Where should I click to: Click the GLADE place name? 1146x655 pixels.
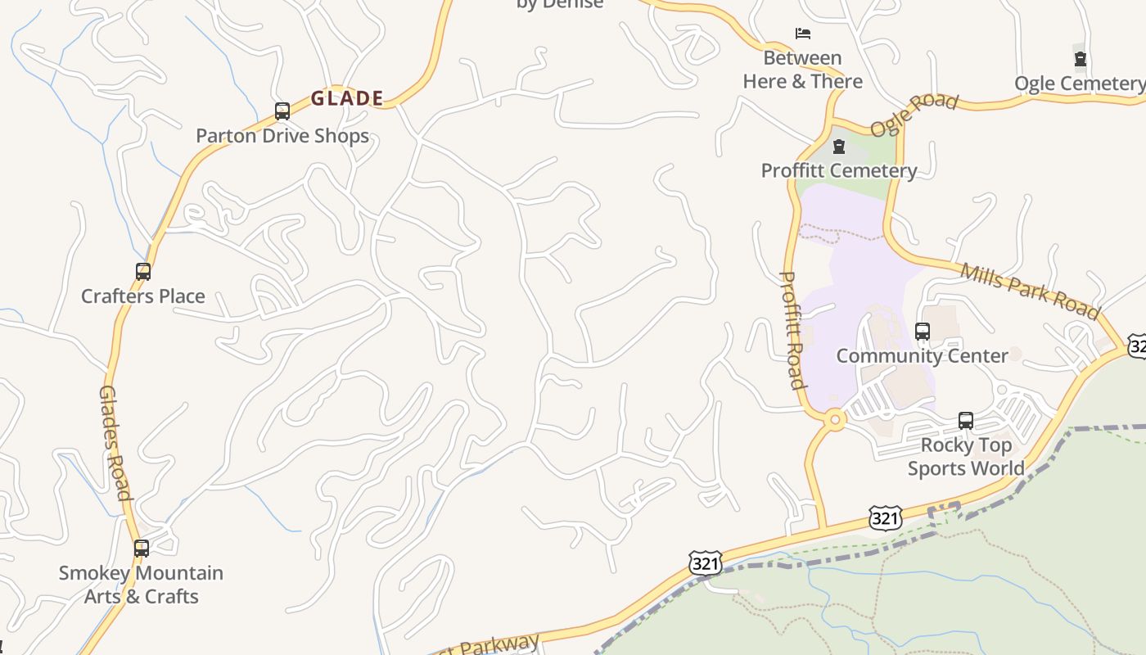click(x=347, y=99)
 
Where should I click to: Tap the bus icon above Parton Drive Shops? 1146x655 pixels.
click(x=282, y=111)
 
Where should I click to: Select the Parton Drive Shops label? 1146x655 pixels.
click(x=282, y=136)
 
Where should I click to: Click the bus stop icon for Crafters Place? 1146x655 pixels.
click(x=143, y=271)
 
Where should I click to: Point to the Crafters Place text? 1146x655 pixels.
click(x=143, y=296)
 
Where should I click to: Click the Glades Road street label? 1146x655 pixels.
click(x=115, y=442)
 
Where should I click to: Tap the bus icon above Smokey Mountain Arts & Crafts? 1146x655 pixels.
click(x=142, y=548)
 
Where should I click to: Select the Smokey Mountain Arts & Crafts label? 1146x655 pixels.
click(x=141, y=585)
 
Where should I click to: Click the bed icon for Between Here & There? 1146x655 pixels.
click(x=803, y=34)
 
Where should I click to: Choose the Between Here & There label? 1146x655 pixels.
click(x=802, y=70)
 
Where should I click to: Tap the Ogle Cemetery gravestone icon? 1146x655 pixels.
click(x=1081, y=59)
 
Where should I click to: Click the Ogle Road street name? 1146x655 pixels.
click(x=914, y=115)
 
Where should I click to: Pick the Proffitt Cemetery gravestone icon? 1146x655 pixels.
click(x=839, y=147)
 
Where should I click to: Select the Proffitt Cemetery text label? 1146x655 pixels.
click(x=839, y=170)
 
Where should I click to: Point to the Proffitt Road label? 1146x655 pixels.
click(x=792, y=329)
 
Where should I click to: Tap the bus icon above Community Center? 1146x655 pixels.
click(x=923, y=332)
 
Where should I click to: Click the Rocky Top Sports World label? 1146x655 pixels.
click(x=966, y=457)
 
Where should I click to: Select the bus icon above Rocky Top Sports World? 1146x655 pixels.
click(x=966, y=421)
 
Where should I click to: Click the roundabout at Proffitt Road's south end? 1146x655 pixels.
click(x=835, y=420)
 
